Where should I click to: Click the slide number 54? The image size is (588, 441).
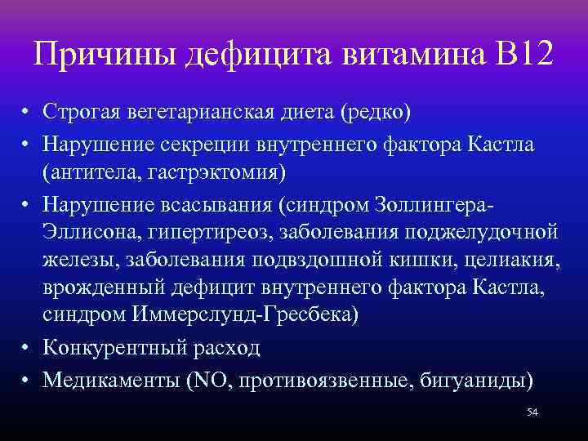532,412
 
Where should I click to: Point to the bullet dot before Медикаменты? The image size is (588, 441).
27,380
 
